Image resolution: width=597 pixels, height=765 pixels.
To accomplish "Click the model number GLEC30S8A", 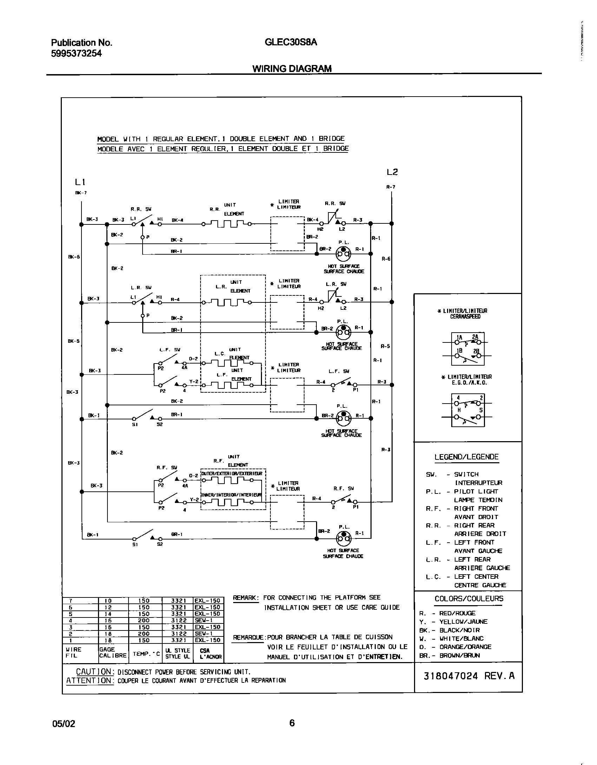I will pos(291,42).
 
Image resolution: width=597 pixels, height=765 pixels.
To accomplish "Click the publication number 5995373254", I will pos(77,53).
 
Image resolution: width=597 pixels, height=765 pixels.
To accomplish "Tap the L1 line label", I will pos(80,182).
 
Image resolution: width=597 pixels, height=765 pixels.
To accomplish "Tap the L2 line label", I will pos(392,172).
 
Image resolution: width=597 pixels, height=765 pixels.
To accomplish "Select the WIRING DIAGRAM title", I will pos(292,69).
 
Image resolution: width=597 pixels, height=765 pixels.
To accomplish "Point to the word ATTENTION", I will pos(89,681).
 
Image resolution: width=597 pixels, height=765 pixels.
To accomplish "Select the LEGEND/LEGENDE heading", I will pos(466,457).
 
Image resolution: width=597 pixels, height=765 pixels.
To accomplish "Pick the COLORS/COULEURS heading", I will pos(469,599).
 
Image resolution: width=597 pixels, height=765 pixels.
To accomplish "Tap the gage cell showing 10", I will pos(108,601).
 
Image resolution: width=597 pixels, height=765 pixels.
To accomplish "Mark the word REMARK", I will pos(246,597).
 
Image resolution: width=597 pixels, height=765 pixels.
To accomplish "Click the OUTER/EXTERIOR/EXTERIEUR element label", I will pos(232,474).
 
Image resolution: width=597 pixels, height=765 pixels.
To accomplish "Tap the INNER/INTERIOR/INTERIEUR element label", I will pos(232,495).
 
